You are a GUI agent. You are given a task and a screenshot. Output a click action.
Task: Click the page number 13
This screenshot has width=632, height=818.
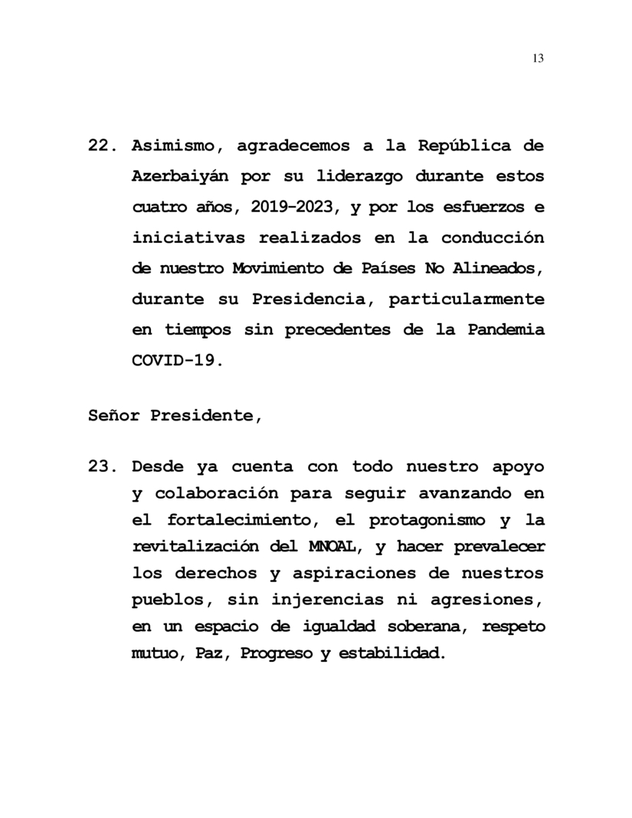[x=537, y=58]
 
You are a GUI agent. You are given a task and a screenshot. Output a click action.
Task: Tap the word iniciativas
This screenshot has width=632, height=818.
[x=188, y=237]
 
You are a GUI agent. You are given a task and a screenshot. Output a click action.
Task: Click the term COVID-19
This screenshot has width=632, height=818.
[x=176, y=360]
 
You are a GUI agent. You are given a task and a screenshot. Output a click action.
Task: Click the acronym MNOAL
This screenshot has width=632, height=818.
[x=336, y=547]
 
